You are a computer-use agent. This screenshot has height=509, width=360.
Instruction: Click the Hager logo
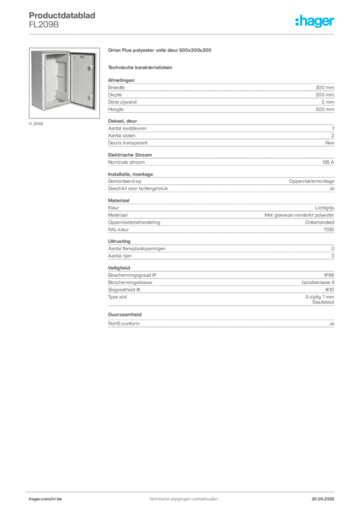[315, 21]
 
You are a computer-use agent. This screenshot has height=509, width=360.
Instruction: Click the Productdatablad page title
[62, 15]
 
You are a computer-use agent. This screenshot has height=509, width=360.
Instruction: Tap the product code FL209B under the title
[44, 25]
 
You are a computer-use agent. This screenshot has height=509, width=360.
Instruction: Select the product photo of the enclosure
[64, 83]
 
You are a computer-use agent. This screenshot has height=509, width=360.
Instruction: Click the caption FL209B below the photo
[36, 124]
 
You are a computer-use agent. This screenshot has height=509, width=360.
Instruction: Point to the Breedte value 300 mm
[325, 87]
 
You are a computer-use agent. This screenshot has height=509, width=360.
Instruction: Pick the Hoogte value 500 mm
[325, 109]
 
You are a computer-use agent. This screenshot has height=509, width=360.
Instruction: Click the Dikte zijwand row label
[122, 102]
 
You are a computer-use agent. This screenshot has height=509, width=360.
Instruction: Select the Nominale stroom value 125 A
[328, 162]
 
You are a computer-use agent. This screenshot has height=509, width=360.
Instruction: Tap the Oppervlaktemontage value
[311, 181]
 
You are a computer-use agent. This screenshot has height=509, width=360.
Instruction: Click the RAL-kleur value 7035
[329, 230]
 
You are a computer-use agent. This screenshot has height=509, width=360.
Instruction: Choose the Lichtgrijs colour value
[324, 208]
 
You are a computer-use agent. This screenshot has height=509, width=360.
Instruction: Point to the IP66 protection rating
[329, 275]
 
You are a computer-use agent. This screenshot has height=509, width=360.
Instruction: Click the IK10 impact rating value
[330, 290]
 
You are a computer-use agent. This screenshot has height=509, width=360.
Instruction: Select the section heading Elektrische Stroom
[130, 155]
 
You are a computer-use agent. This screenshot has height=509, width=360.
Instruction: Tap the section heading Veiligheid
[119, 268]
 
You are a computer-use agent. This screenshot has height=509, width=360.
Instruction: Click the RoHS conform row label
[124, 323]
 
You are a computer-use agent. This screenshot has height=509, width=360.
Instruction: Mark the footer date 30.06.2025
[323, 499]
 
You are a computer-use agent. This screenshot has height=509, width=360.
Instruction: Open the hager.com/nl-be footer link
[45, 499]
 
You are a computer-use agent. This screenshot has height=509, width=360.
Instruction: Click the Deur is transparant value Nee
[330, 143]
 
